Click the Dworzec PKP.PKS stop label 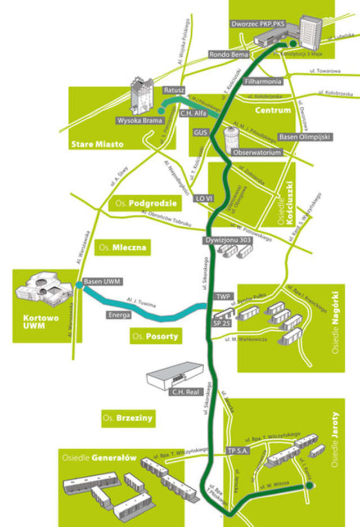pos(259,24)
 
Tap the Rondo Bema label pos(228,55)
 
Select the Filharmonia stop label pos(262,81)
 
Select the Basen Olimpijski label pos(305,137)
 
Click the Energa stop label pos(119,315)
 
